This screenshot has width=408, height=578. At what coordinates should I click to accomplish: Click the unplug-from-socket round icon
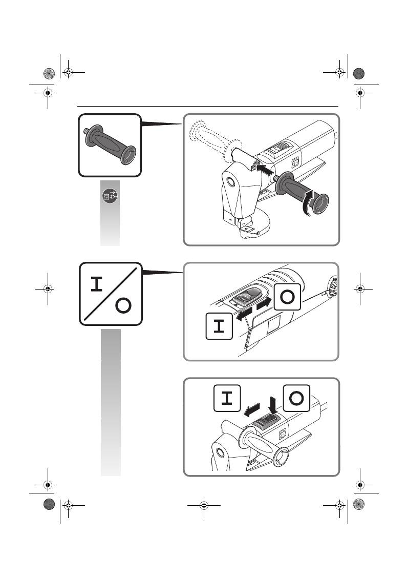pyautogui.click(x=110, y=196)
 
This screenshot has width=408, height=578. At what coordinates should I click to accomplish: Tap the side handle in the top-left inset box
pyautogui.click(x=110, y=144)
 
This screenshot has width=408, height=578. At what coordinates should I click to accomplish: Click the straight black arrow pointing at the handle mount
pyautogui.click(x=265, y=170)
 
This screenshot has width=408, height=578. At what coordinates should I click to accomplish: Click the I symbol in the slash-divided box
pyautogui.click(x=96, y=284)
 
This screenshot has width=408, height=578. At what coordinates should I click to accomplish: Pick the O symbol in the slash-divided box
pyautogui.click(x=123, y=305)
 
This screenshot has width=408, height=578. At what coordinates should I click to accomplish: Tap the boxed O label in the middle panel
pyautogui.click(x=287, y=297)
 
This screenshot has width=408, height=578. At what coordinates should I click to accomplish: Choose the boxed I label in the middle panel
pyautogui.click(x=219, y=326)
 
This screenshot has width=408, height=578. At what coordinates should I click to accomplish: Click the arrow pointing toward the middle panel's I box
pyautogui.click(x=244, y=315)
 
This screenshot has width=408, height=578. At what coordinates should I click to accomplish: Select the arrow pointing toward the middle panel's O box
pyautogui.click(x=264, y=303)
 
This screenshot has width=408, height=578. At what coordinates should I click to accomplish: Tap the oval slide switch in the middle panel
pyautogui.click(x=247, y=297)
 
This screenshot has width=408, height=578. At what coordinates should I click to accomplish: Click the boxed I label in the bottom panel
pyautogui.click(x=227, y=398)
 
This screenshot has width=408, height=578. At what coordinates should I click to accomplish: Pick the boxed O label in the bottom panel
pyautogui.click(x=296, y=398)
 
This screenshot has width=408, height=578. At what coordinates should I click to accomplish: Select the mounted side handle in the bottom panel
pyautogui.click(x=263, y=444)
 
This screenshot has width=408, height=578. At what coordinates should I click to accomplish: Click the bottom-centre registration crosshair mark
pyautogui.click(x=204, y=505)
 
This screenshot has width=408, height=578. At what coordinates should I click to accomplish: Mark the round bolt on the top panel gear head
pyautogui.click(x=230, y=181)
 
